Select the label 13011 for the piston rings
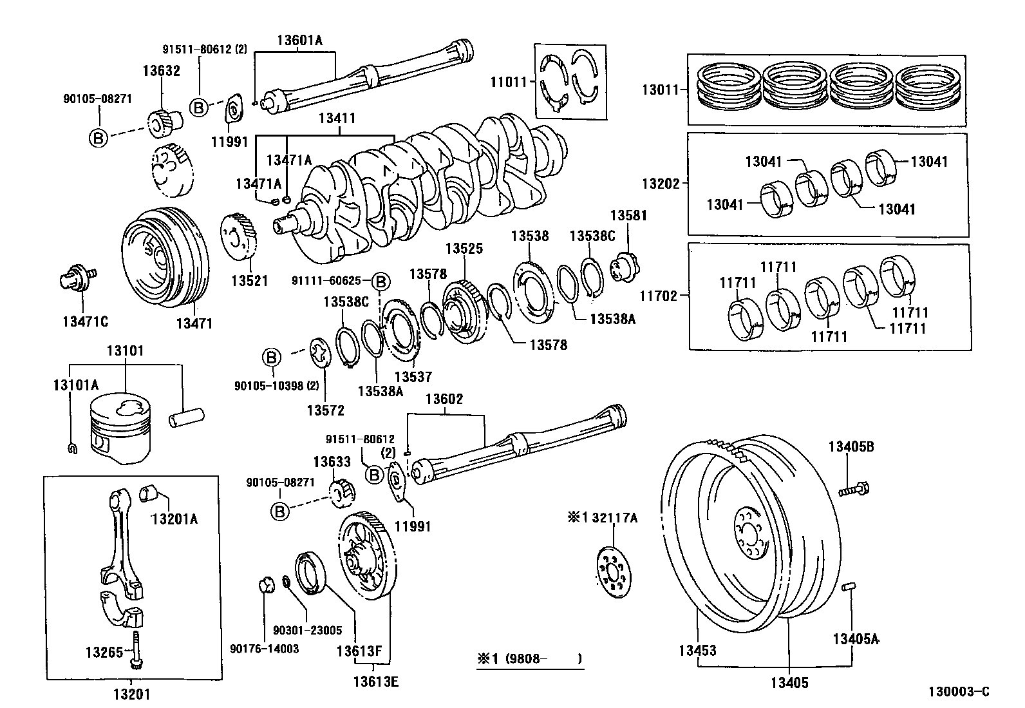point(660,90)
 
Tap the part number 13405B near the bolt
point(851,446)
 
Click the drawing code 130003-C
point(958,692)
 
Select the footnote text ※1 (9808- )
point(529,659)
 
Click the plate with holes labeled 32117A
point(611,571)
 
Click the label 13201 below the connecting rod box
point(132,694)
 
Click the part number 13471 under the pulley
point(194,323)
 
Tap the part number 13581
point(628,216)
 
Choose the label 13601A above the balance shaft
point(299,40)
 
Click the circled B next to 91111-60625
point(381,282)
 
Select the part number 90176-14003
point(264,649)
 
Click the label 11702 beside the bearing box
point(659,296)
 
